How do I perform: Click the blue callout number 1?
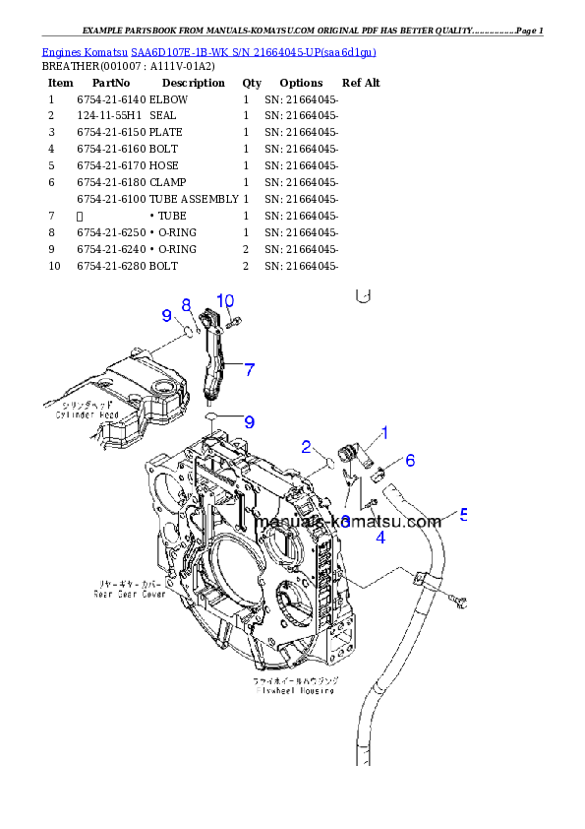click(x=384, y=432)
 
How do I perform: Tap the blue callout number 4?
click(x=380, y=537)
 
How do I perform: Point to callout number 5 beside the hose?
click(x=463, y=514)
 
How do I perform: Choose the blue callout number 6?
click(x=410, y=460)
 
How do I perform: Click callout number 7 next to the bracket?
click(x=250, y=369)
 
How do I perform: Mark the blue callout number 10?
click(x=225, y=300)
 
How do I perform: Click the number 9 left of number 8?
click(x=167, y=315)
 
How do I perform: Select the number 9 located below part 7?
click(x=249, y=421)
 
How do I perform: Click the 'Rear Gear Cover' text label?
click(x=129, y=594)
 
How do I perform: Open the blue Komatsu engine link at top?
click(x=208, y=51)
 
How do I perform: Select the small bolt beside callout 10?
click(x=233, y=321)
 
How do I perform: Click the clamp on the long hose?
click(x=422, y=579)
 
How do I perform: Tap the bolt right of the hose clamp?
click(x=457, y=599)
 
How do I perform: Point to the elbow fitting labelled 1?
click(x=352, y=454)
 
